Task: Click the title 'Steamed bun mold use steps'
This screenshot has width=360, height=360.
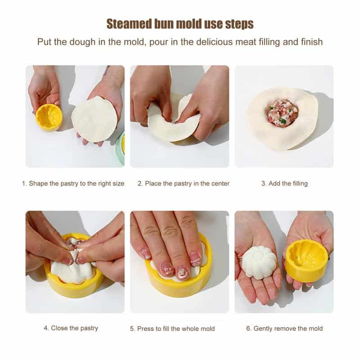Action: coord(180,23)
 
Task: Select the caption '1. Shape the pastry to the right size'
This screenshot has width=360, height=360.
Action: coord(73,184)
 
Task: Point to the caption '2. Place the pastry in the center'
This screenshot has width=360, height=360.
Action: coord(184,184)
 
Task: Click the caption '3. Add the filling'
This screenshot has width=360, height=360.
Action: coord(284,184)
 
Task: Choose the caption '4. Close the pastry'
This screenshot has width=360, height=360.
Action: coord(71,328)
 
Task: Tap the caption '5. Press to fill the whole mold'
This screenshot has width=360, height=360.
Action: coord(172,329)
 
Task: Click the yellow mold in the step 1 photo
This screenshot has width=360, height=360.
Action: coord(49,117)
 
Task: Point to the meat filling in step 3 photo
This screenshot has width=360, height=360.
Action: coord(282,113)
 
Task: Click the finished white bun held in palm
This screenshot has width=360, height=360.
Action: coord(259,262)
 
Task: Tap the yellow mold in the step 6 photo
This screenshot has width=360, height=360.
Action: coord(307,261)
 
